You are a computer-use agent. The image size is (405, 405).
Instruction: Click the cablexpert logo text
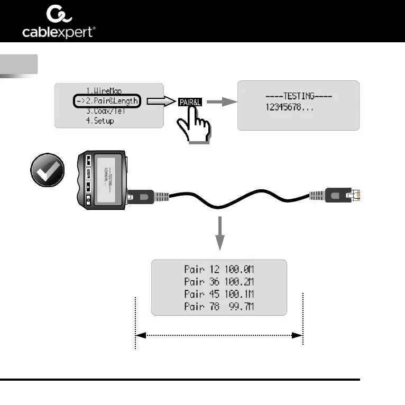pos(59,33)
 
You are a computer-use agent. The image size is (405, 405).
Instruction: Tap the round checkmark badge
pos(48,170)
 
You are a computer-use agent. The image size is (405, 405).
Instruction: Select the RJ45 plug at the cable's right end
pos(346,195)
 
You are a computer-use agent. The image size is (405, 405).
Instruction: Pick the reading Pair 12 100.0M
pos(219,269)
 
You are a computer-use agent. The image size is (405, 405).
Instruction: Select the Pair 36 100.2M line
pos(219,281)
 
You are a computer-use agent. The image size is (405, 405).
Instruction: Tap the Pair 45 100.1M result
pos(219,293)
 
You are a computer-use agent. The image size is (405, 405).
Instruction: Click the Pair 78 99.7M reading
pos(219,306)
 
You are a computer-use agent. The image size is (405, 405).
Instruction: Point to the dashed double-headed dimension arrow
pos(219,335)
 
